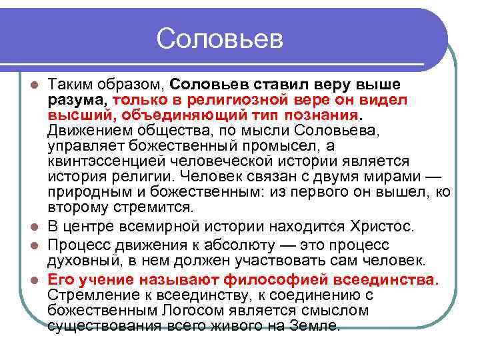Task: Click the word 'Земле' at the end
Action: point(318,325)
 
